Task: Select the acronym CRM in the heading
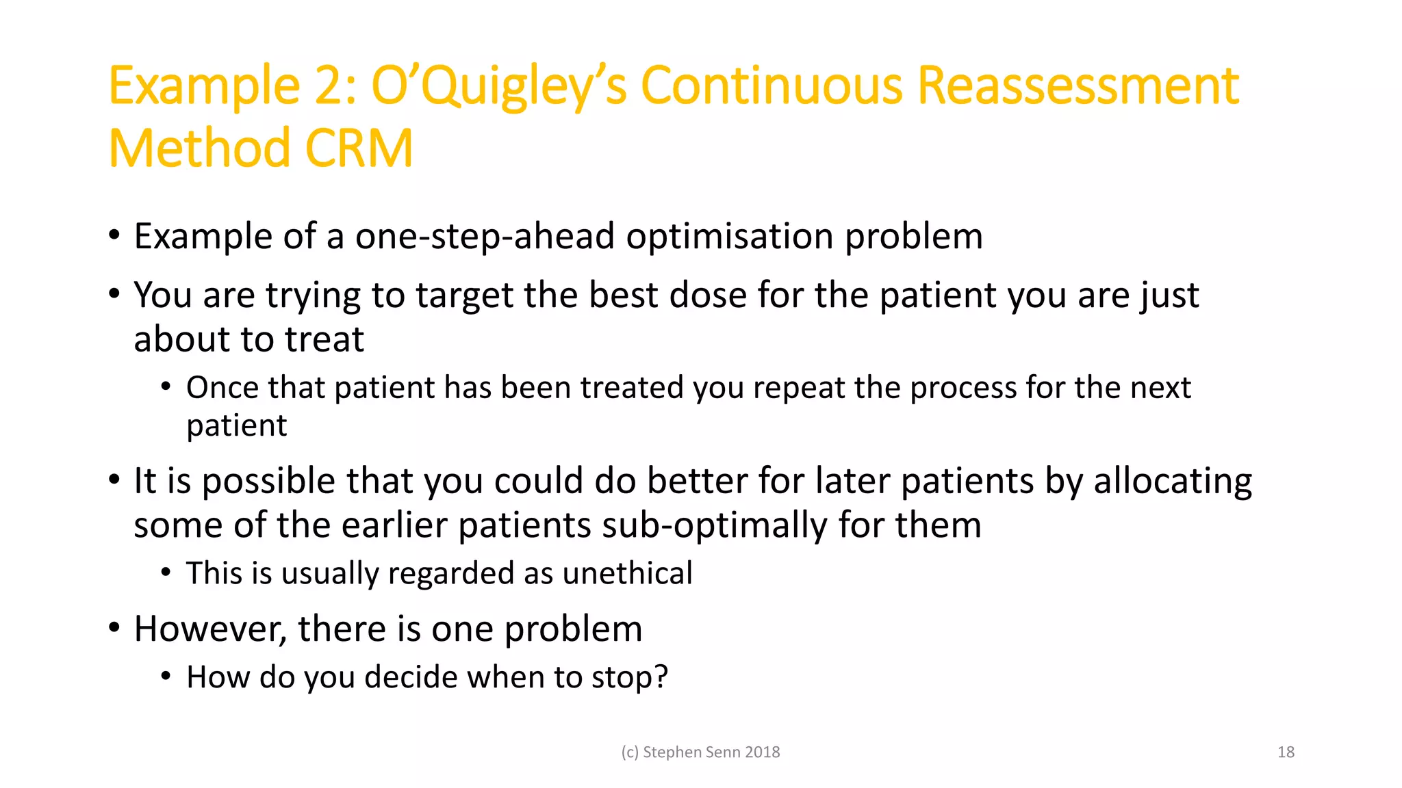pyautogui.click(x=359, y=148)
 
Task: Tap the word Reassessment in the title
pyautogui.click(x=1077, y=86)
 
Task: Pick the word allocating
pyautogui.click(x=1172, y=482)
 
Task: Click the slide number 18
pyautogui.click(x=1286, y=752)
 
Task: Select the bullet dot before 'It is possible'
pyautogui.click(x=114, y=480)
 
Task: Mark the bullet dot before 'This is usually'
pyautogui.click(x=166, y=573)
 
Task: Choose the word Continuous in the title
pyautogui.click(x=772, y=86)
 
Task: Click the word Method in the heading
pyautogui.click(x=200, y=148)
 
